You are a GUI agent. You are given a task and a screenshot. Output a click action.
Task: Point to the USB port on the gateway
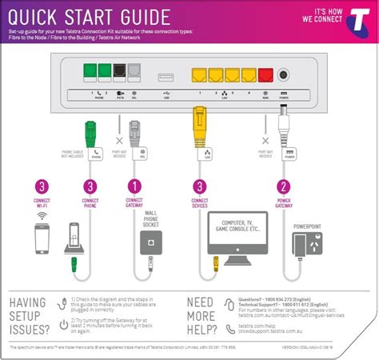click(166, 78)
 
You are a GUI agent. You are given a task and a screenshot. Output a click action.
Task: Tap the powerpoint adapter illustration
click(309, 245)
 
